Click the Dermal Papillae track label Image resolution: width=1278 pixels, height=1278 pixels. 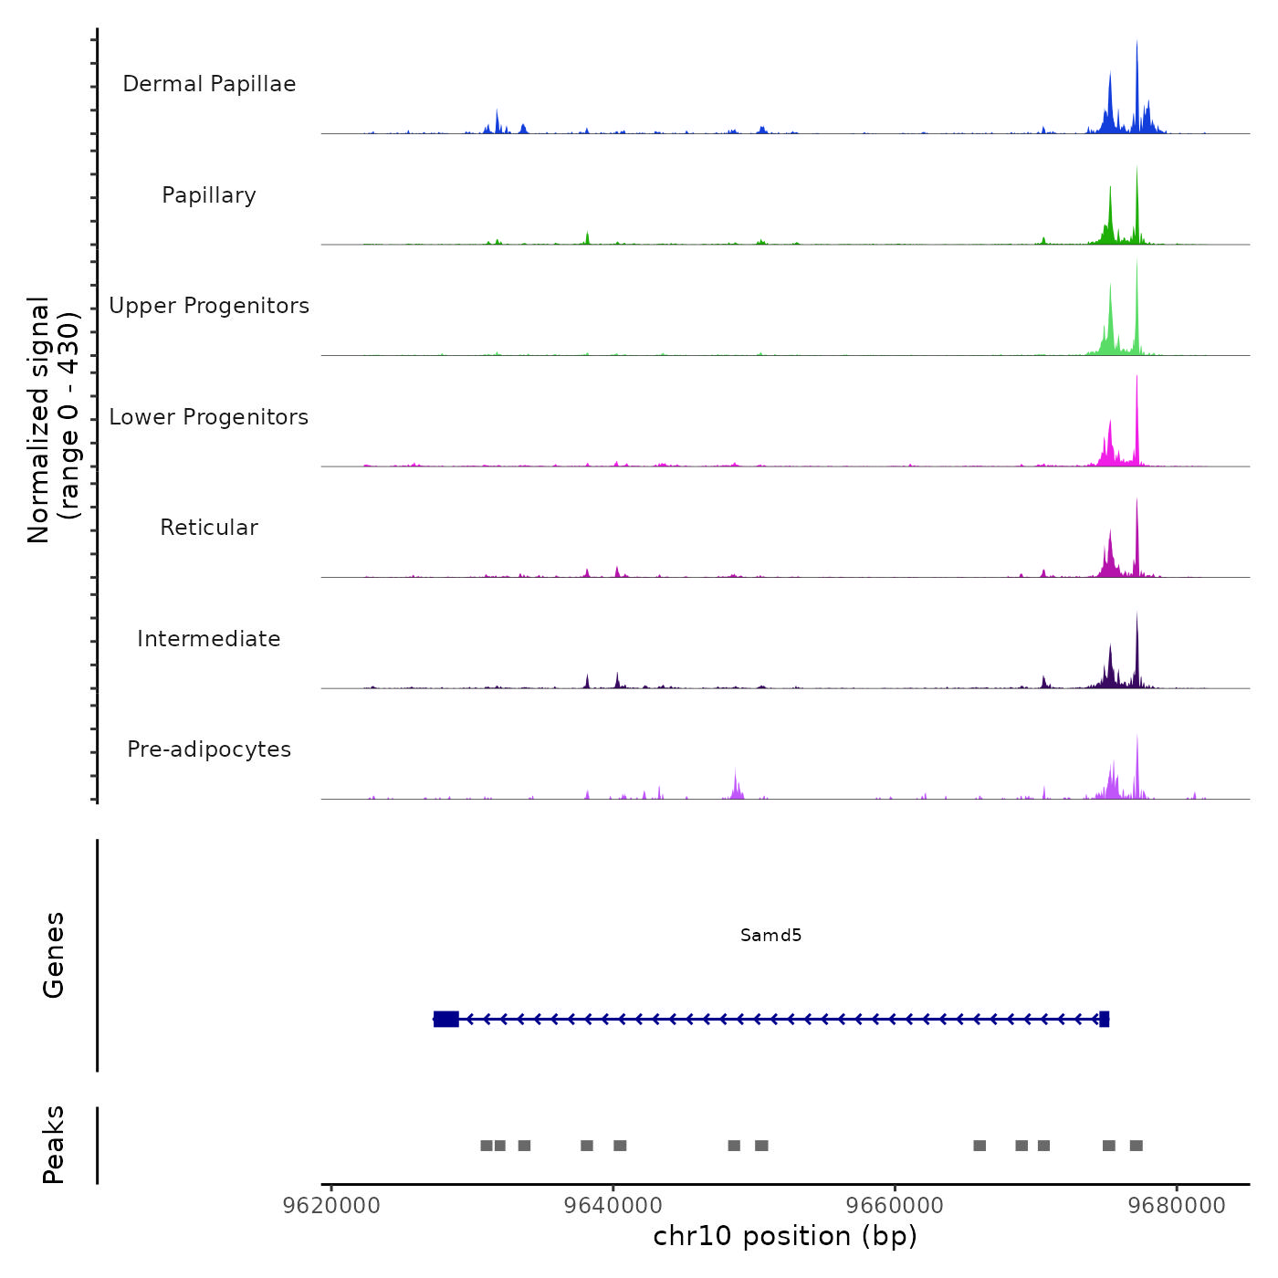coord(209,84)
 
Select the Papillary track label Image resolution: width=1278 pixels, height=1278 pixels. coord(209,195)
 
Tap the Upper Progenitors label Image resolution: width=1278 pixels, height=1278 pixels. coord(209,306)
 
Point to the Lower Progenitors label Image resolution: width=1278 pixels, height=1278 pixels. coord(209,417)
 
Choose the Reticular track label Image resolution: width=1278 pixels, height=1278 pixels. coord(209,528)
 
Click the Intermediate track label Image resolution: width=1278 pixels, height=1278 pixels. coord(209,639)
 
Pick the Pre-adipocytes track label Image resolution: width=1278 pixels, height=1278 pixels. coord(209,749)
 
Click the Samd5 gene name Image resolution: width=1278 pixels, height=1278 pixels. coord(770,935)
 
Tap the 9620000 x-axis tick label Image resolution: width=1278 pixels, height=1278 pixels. coord(331,1205)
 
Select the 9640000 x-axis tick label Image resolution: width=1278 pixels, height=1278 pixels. coord(613,1205)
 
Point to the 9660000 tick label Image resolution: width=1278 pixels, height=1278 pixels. coord(895,1205)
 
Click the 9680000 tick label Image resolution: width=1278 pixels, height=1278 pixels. coord(1177,1205)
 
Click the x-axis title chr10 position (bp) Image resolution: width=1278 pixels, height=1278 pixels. coord(785,1236)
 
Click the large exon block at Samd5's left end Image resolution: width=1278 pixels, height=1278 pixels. coord(446,1019)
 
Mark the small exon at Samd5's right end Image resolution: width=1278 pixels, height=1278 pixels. coord(1105,1019)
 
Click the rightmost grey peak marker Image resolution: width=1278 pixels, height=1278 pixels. coord(1137,1146)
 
